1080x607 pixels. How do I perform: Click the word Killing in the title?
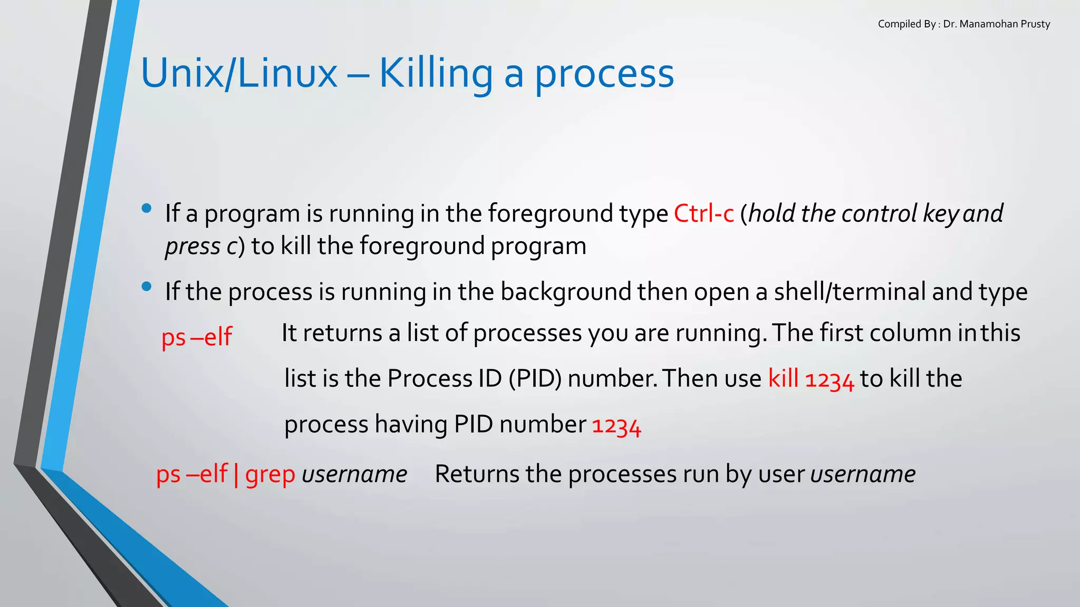point(436,74)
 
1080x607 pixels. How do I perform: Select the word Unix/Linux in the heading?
point(239,74)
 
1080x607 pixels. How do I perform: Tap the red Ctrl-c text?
point(704,213)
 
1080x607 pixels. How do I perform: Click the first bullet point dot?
point(147,209)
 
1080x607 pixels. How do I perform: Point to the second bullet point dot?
point(147,287)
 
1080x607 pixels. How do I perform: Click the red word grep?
point(270,474)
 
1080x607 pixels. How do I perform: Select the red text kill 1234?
point(811,379)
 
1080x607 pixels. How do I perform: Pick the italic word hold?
point(772,213)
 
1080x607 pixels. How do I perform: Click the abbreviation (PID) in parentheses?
point(535,379)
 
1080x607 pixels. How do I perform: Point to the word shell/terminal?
point(850,292)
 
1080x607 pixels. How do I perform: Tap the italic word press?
point(192,247)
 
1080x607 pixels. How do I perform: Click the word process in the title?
point(604,74)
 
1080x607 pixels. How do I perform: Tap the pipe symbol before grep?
point(236,474)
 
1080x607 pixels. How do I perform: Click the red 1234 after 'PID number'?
point(616,425)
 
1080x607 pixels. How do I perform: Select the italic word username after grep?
point(354,474)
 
